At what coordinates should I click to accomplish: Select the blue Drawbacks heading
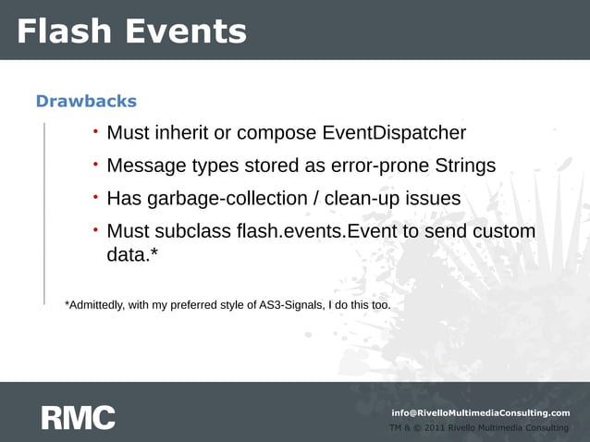click(x=86, y=101)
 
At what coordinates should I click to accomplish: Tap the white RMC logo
click(x=78, y=417)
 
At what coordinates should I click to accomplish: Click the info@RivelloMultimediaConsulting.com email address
click(x=481, y=412)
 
